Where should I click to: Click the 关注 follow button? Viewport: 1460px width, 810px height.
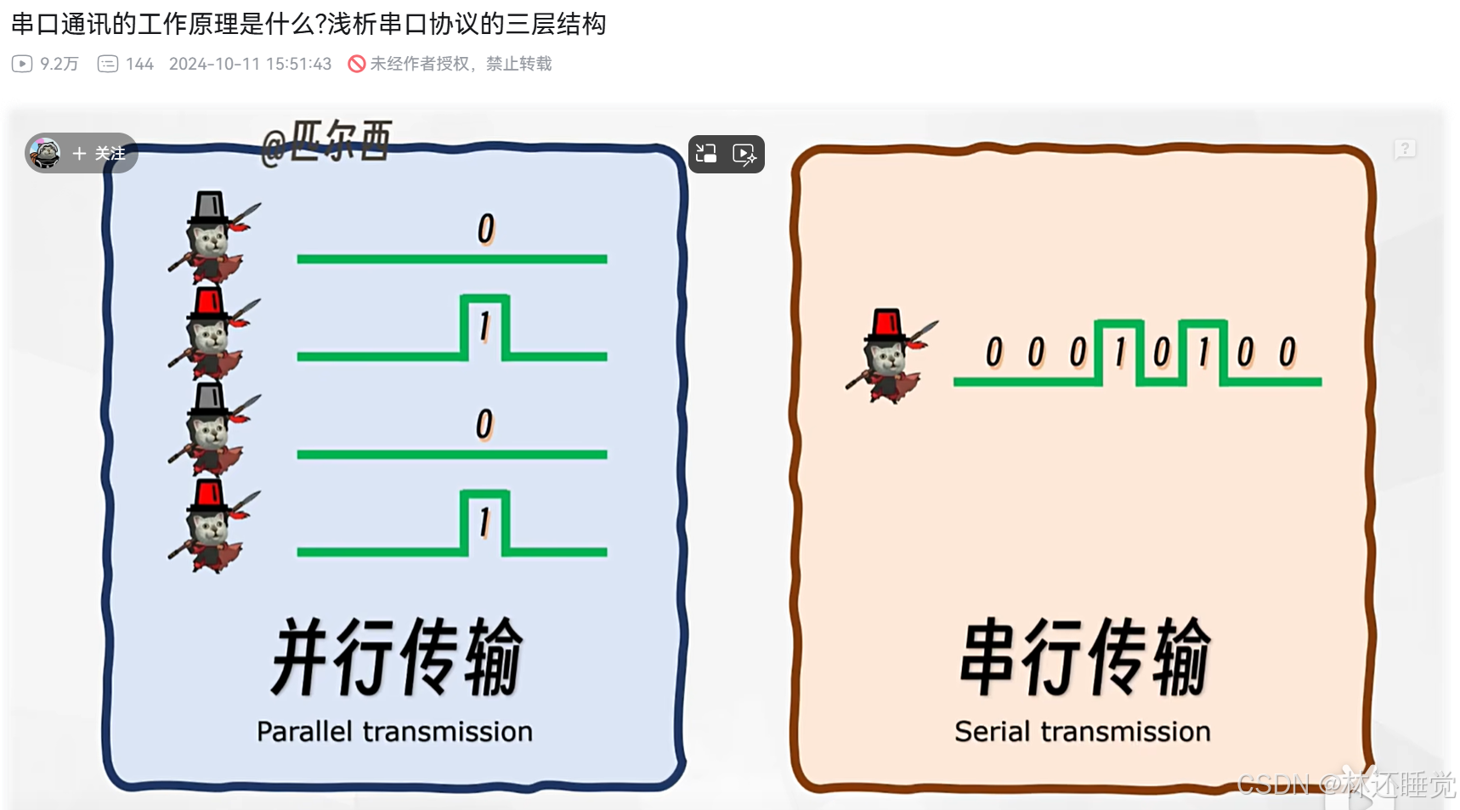(x=100, y=154)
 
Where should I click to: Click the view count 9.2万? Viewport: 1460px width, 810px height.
(x=59, y=65)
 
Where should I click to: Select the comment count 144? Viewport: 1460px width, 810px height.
(x=139, y=65)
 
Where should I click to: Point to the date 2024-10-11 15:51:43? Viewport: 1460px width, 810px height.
(x=250, y=65)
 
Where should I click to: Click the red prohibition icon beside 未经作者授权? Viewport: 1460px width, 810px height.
(x=357, y=65)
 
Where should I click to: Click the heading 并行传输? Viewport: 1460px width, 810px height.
(x=397, y=656)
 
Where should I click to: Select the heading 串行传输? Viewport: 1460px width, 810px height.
(x=1085, y=656)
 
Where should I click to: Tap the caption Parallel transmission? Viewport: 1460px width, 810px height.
(x=394, y=732)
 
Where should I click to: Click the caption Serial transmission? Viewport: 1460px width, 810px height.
(x=1082, y=732)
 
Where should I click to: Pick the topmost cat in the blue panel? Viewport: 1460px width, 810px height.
(x=211, y=237)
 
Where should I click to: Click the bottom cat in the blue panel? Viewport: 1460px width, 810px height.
(x=211, y=526)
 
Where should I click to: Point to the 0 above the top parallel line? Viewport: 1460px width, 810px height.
(x=485, y=229)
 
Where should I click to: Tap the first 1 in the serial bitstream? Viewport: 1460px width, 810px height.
(x=1120, y=352)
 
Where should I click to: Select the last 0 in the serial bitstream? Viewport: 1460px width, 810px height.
(x=1287, y=352)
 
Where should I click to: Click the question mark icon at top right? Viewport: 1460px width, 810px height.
(x=1405, y=150)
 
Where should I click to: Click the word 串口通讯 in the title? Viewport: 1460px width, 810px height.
(x=60, y=24)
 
